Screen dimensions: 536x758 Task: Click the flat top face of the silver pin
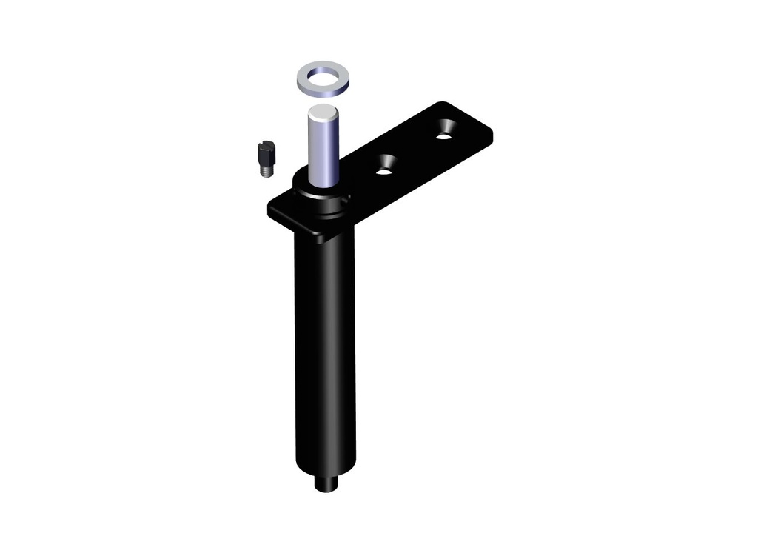click(323, 113)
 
